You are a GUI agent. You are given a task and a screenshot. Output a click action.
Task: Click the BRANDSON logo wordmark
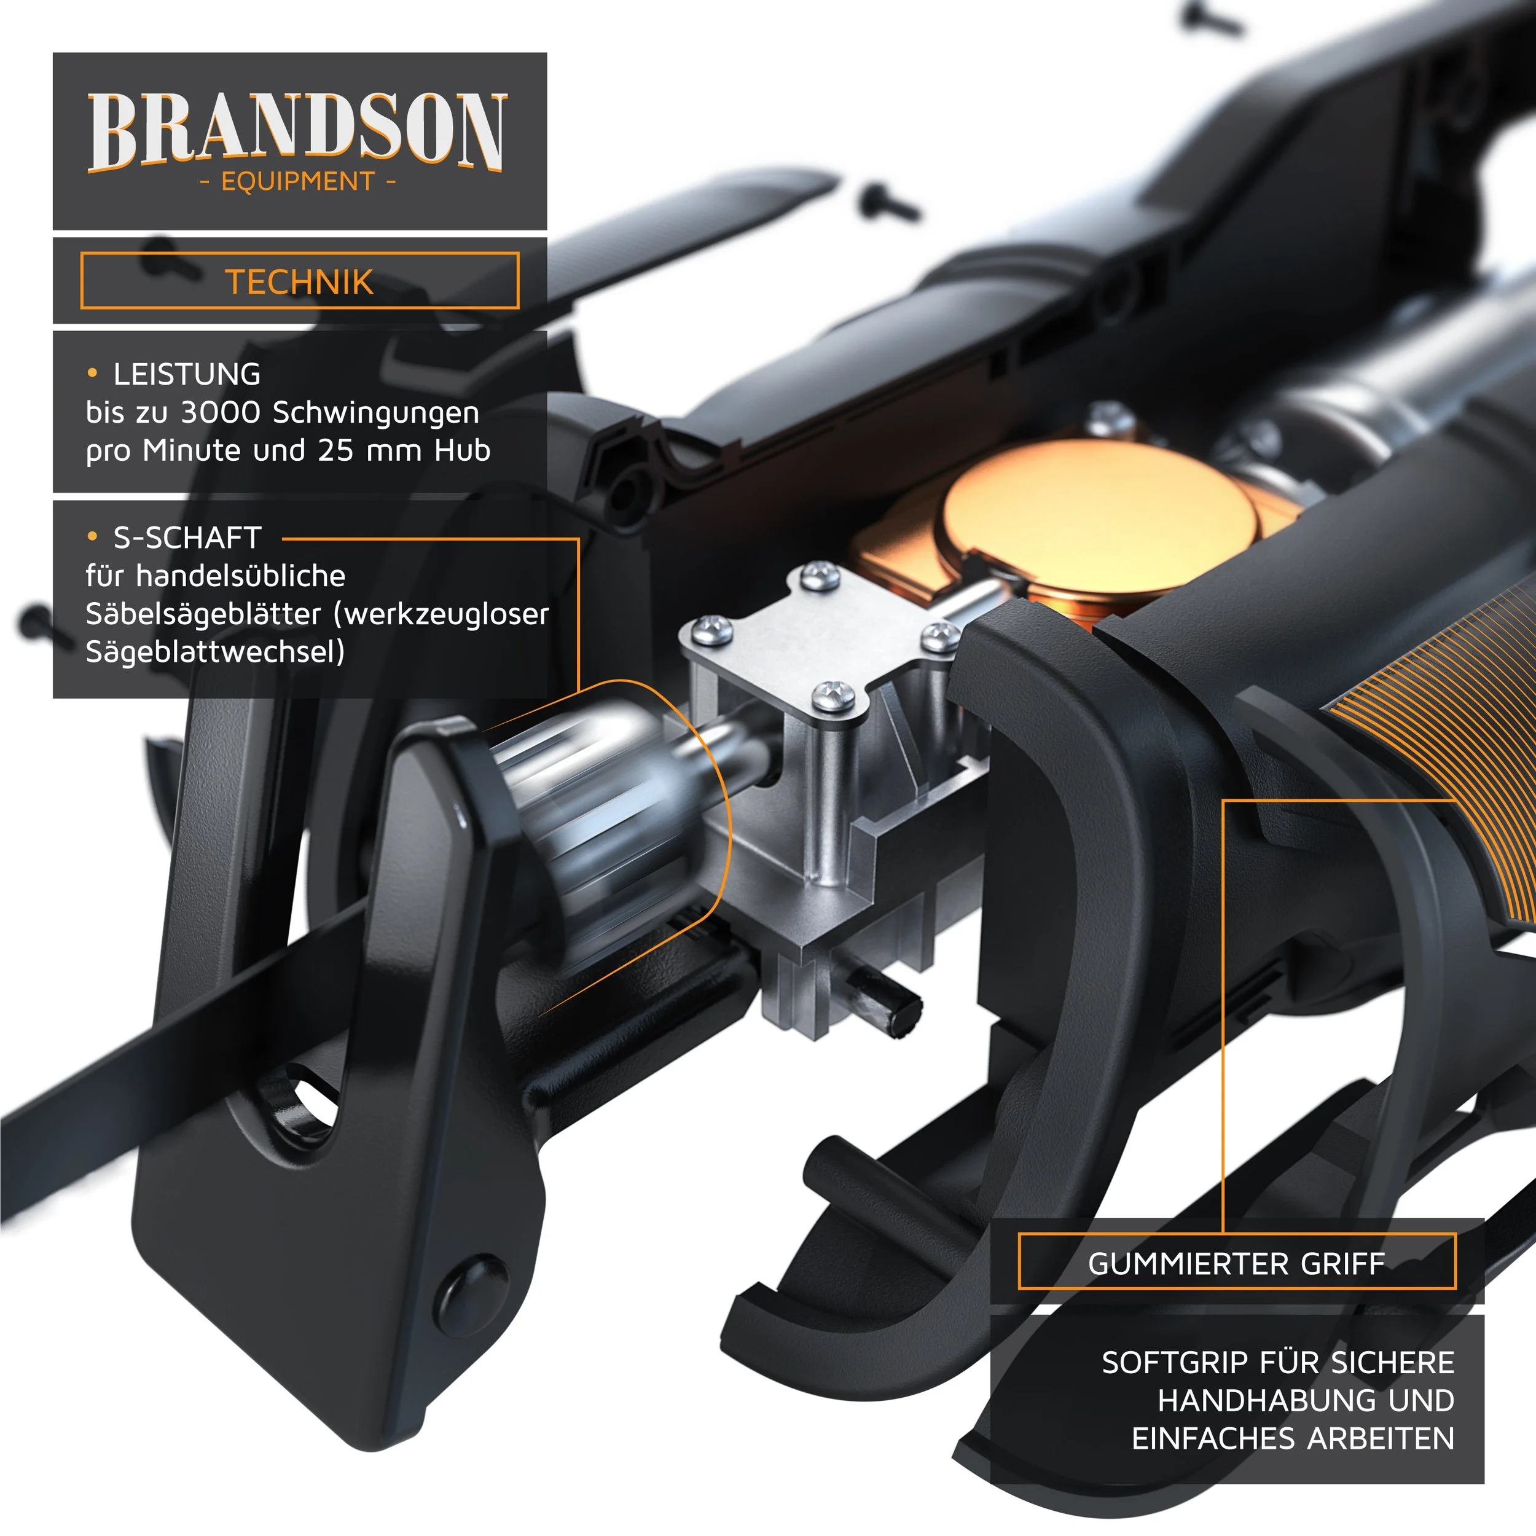296,132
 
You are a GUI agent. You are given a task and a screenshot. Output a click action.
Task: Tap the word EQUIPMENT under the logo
297,182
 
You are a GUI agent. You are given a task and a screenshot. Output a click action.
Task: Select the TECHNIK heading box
299,281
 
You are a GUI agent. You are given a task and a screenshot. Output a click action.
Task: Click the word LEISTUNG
187,374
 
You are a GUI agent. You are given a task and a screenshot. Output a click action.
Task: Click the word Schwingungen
376,413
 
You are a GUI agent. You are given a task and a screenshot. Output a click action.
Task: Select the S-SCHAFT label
187,538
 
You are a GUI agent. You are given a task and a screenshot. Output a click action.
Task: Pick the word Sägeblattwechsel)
214,652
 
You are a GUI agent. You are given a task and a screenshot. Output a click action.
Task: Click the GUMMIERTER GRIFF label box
1236,1264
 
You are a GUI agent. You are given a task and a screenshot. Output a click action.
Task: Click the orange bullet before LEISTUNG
92,373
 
